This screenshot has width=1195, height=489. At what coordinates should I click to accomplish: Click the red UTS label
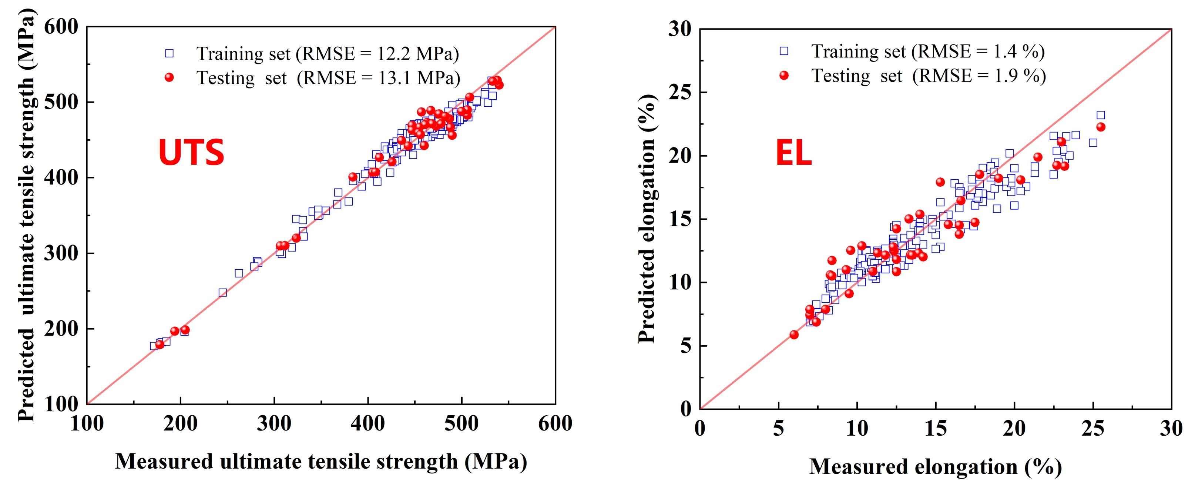tap(191, 153)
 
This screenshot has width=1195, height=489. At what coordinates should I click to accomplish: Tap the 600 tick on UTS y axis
tap(62, 27)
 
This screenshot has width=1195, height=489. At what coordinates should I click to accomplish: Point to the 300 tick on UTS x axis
tap(274, 423)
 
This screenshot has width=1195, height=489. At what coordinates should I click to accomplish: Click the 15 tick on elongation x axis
tap(936, 428)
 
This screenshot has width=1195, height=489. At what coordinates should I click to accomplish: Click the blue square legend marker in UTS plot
tap(169, 53)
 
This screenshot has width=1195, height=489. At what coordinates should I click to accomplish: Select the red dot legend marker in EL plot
tap(784, 75)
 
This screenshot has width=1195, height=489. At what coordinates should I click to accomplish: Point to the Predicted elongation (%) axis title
tap(646, 218)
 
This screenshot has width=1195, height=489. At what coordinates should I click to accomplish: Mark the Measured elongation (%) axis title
tap(935, 466)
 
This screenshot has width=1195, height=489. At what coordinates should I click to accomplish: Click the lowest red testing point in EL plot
tap(794, 335)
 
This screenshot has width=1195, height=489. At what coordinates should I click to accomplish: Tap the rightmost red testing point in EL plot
tap(1100, 127)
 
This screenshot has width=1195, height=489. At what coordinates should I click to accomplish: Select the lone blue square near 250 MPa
tap(223, 293)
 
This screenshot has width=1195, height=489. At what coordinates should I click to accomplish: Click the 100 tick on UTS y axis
tap(62, 404)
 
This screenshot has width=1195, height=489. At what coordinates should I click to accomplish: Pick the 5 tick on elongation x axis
tap(778, 428)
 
